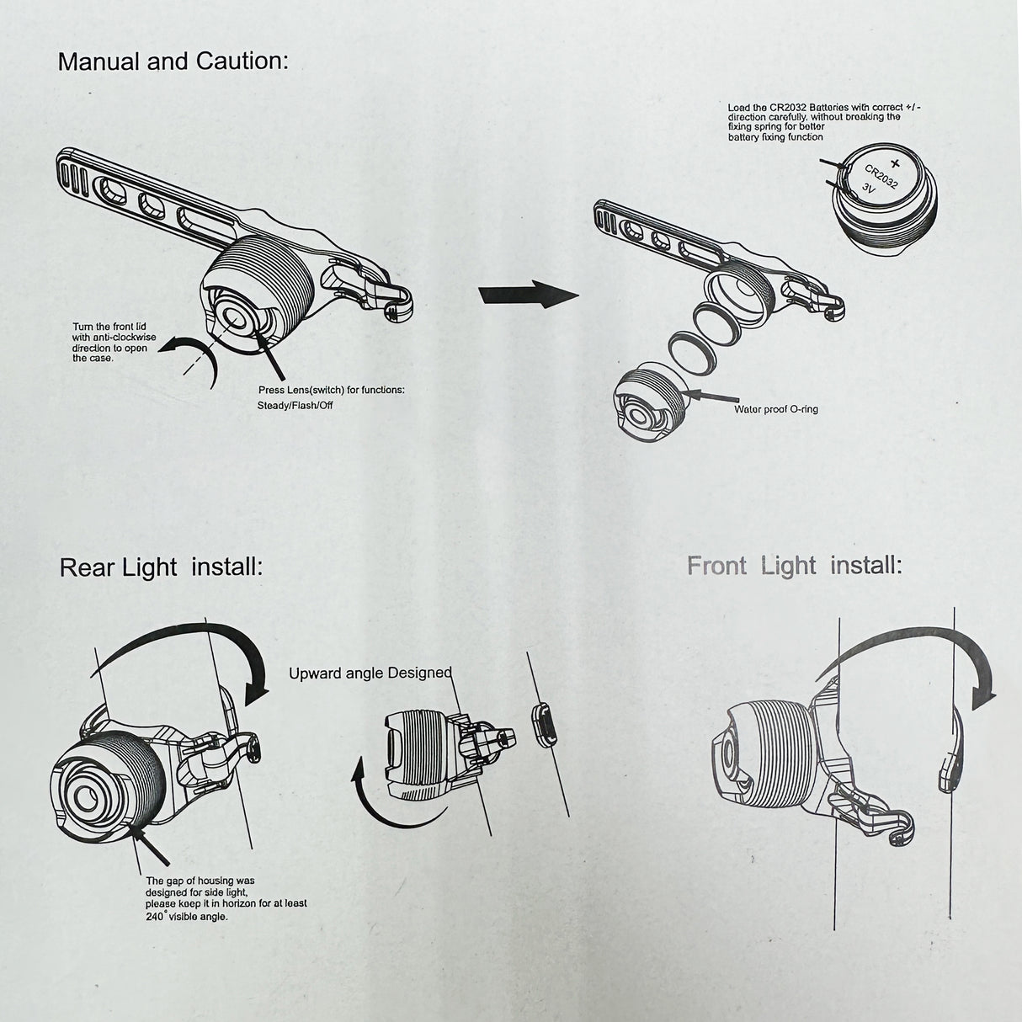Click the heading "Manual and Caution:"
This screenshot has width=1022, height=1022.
(x=173, y=61)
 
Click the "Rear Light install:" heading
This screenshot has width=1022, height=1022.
(x=161, y=567)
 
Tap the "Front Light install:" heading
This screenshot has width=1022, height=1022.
(x=794, y=565)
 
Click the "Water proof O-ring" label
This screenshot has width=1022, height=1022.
(x=775, y=409)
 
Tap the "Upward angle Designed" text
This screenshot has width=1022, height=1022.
(x=370, y=673)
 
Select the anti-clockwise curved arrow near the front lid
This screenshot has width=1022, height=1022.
(x=192, y=357)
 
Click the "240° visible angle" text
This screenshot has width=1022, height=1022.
(x=186, y=916)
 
